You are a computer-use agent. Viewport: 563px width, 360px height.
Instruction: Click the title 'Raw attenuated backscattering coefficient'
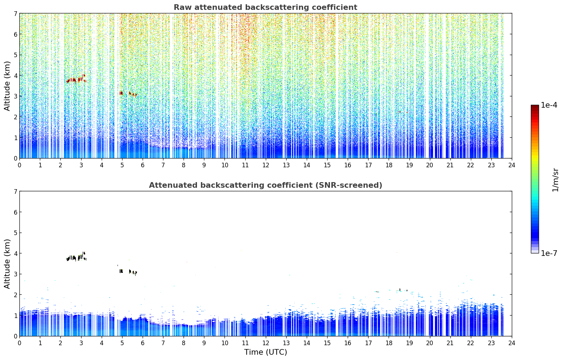click(265, 7)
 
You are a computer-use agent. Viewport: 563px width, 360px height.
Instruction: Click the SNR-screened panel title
click(265, 185)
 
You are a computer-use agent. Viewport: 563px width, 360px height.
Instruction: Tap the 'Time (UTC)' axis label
click(265, 352)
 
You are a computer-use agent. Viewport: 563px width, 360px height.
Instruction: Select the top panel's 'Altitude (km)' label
click(7, 86)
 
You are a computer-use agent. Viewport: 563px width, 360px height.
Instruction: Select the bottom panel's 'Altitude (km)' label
click(7, 264)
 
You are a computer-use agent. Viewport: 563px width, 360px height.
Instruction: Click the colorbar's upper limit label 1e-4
click(549, 105)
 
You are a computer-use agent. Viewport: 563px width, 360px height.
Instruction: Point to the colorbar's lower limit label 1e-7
click(549, 253)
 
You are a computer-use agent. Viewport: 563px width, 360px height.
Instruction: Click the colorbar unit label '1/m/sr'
click(555, 180)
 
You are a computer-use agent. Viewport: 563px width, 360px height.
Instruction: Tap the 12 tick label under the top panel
click(266, 165)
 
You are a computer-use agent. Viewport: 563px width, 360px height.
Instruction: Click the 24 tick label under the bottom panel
click(512, 343)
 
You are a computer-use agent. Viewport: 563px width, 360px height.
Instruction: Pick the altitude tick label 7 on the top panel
click(15, 13)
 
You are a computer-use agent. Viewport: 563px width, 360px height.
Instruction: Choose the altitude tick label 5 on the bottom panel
click(15, 233)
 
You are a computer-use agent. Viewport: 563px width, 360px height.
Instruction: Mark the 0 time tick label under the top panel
click(20, 165)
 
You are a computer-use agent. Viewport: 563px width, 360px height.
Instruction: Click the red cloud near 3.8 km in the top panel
click(76, 79)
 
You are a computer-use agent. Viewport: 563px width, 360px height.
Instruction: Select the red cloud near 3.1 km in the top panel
click(128, 94)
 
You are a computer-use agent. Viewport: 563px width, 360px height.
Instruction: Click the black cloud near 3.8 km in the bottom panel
click(76, 257)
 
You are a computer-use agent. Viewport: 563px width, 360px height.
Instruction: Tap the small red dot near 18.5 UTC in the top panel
click(400, 112)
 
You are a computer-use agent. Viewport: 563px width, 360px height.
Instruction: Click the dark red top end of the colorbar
click(535, 106)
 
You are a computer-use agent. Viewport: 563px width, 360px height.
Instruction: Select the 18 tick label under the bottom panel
click(389, 343)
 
